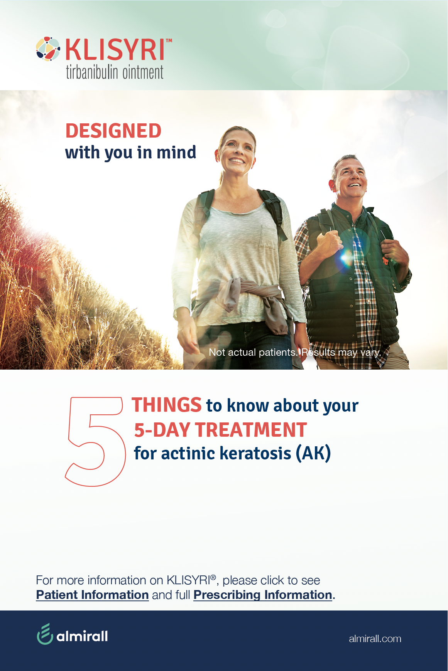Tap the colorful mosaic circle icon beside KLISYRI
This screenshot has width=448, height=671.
click(x=48, y=49)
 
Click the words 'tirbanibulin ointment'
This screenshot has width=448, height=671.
click(x=115, y=72)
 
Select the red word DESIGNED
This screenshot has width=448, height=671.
click(x=113, y=131)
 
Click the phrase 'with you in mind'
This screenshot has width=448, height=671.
click(x=130, y=153)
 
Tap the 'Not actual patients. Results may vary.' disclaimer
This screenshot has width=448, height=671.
click(x=295, y=352)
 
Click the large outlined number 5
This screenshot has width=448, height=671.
click(x=96, y=441)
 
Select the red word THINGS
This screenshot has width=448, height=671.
click(x=167, y=405)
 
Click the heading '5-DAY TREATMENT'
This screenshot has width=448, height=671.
click(x=220, y=430)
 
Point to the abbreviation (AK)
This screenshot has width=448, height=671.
click(x=313, y=453)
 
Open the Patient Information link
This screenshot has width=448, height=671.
click(x=93, y=595)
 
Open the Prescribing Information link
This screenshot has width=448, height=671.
click(x=263, y=595)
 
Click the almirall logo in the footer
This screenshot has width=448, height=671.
click(x=72, y=634)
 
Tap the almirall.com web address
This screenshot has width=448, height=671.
click(x=375, y=639)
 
